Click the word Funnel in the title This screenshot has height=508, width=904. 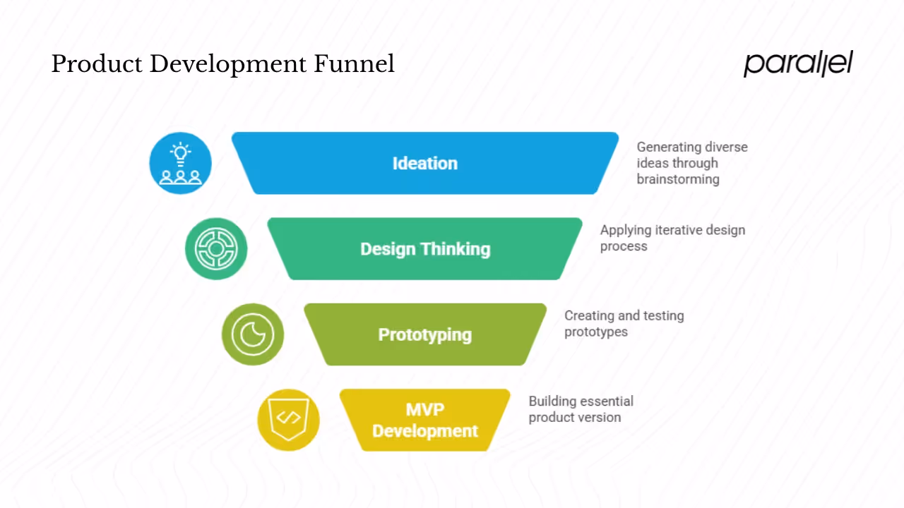pos(354,64)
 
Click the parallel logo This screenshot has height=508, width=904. pos(798,64)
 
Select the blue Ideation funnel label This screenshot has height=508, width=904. pos(425,163)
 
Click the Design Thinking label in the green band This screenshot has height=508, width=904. pos(425,249)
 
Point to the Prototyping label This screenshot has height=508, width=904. pos(425,334)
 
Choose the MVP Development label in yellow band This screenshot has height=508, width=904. pos(425,421)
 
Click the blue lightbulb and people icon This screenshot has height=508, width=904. pos(181,163)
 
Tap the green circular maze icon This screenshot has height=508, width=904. pos(216,249)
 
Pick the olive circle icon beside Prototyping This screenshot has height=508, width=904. pos(253,334)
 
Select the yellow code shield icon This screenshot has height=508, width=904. pos(288,420)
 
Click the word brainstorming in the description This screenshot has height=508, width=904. pos(678,179)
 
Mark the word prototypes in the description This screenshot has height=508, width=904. pos(595,332)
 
